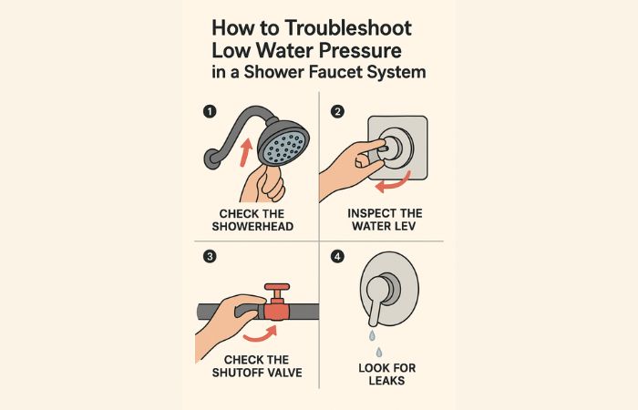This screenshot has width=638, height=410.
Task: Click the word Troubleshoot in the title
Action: tap(348, 28)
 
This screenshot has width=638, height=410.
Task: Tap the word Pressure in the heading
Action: tap(360, 51)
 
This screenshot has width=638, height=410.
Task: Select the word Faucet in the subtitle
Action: tap(335, 72)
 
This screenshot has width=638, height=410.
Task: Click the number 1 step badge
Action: tap(210, 111)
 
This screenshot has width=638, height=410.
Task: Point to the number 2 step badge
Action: tap(337, 111)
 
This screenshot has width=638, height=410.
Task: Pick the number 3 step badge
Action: tap(210, 257)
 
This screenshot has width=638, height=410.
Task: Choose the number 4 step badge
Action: tap(337, 257)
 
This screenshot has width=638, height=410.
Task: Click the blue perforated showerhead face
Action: tap(284, 148)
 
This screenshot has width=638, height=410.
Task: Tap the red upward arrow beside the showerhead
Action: tap(245, 152)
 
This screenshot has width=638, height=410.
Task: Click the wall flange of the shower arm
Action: tap(211, 159)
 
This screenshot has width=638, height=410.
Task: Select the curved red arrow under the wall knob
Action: tap(393, 183)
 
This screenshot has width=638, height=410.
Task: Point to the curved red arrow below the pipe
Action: tap(261, 333)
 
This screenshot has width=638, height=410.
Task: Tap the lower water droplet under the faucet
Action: tap(379, 352)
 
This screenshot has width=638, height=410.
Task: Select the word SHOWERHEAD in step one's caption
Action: tap(252, 227)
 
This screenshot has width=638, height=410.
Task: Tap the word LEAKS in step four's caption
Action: tap(387, 381)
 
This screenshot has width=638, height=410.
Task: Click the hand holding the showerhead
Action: tap(263, 184)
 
